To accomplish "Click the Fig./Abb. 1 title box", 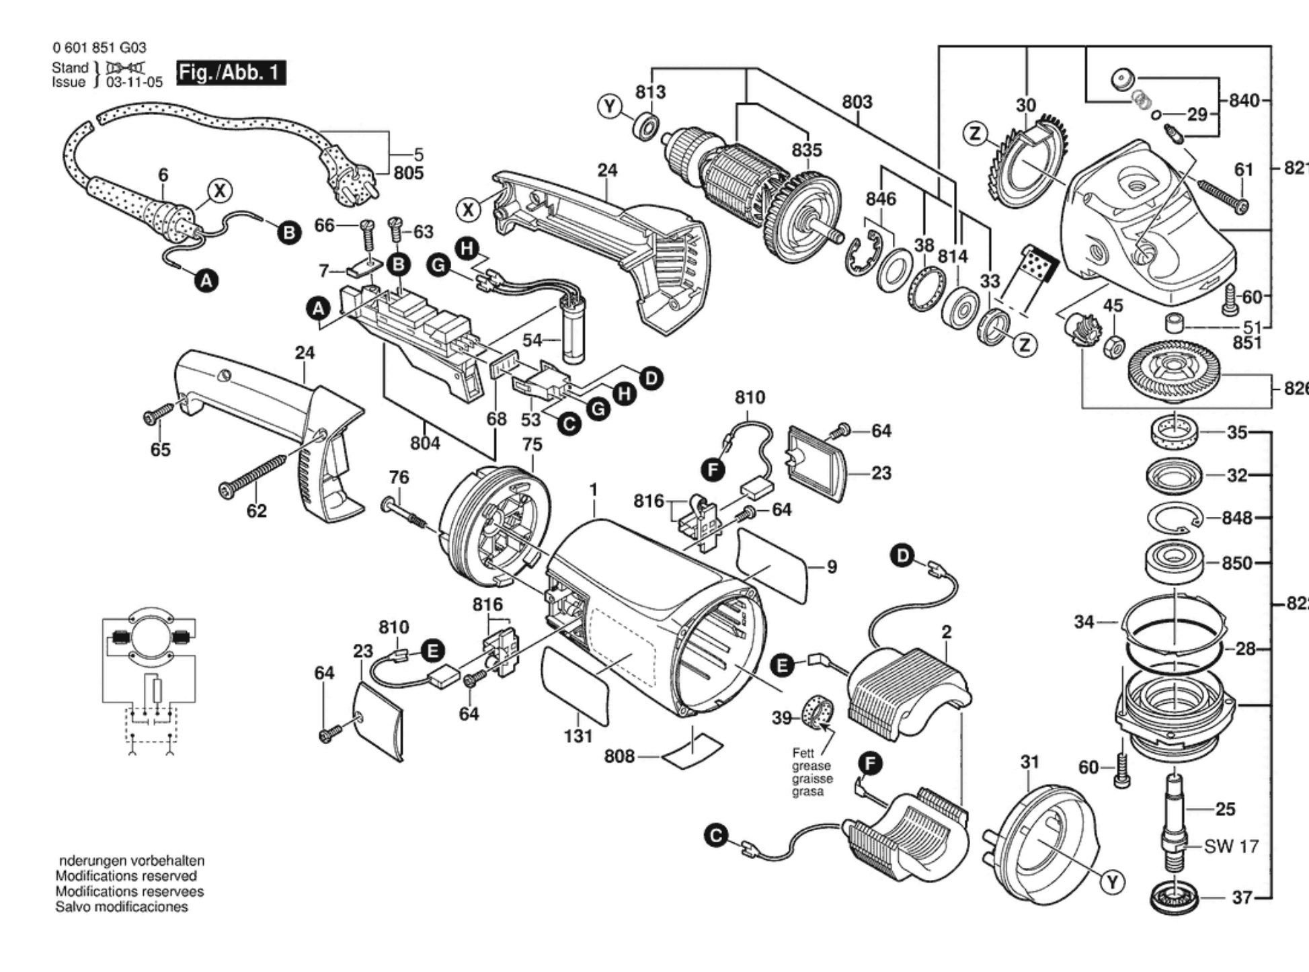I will pos(231,73).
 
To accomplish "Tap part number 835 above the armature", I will pos(806,150).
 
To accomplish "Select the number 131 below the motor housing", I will pos(578,736).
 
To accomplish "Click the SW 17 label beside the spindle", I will pos(1231,846).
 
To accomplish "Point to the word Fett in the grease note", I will pos(803,753).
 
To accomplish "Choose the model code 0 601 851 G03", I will pos(99,48).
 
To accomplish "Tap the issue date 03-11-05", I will pos(134,83).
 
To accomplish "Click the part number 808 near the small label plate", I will pos(619,756).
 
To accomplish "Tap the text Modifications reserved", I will pos(126,876).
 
